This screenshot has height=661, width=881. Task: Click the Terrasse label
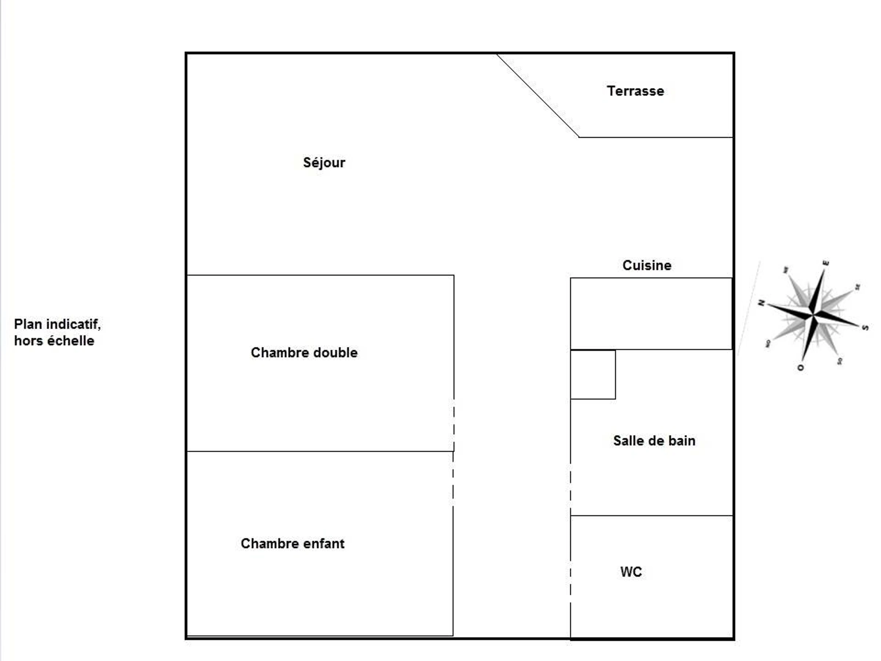tap(635, 91)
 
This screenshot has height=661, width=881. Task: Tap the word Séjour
tap(324, 163)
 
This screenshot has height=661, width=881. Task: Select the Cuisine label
tap(647, 266)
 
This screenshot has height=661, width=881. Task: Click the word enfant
tap(324, 543)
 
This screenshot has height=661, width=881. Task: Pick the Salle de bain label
tap(654, 441)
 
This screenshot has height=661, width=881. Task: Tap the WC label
tap(631, 572)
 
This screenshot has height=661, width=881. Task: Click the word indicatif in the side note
tap(73, 324)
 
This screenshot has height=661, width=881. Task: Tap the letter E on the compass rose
tap(826, 263)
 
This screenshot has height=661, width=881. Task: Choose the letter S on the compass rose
tap(865, 328)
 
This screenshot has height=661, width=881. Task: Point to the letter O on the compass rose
tap(801, 367)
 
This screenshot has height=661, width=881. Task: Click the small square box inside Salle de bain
tap(592, 375)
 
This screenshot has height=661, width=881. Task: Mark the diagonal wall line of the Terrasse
tap(538, 95)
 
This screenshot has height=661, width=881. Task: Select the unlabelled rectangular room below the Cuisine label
tap(651, 314)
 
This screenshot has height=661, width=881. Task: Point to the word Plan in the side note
tap(28, 324)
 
